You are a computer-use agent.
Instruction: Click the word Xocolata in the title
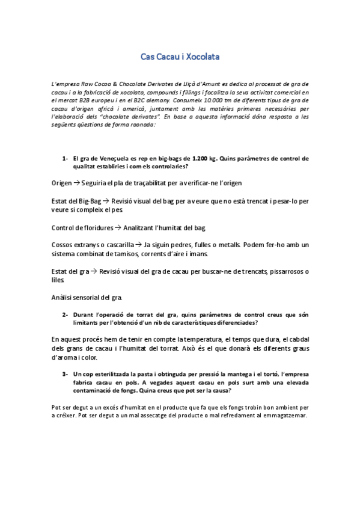(203, 57)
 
